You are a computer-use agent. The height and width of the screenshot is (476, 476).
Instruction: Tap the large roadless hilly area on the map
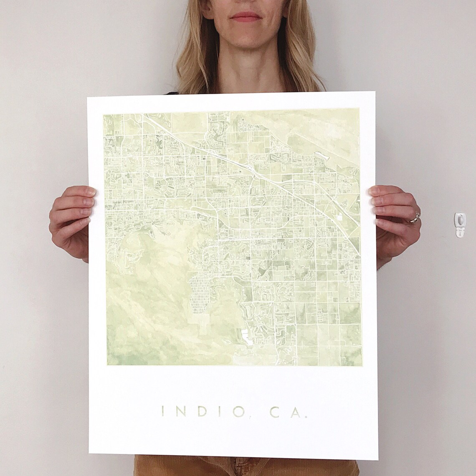142,292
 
